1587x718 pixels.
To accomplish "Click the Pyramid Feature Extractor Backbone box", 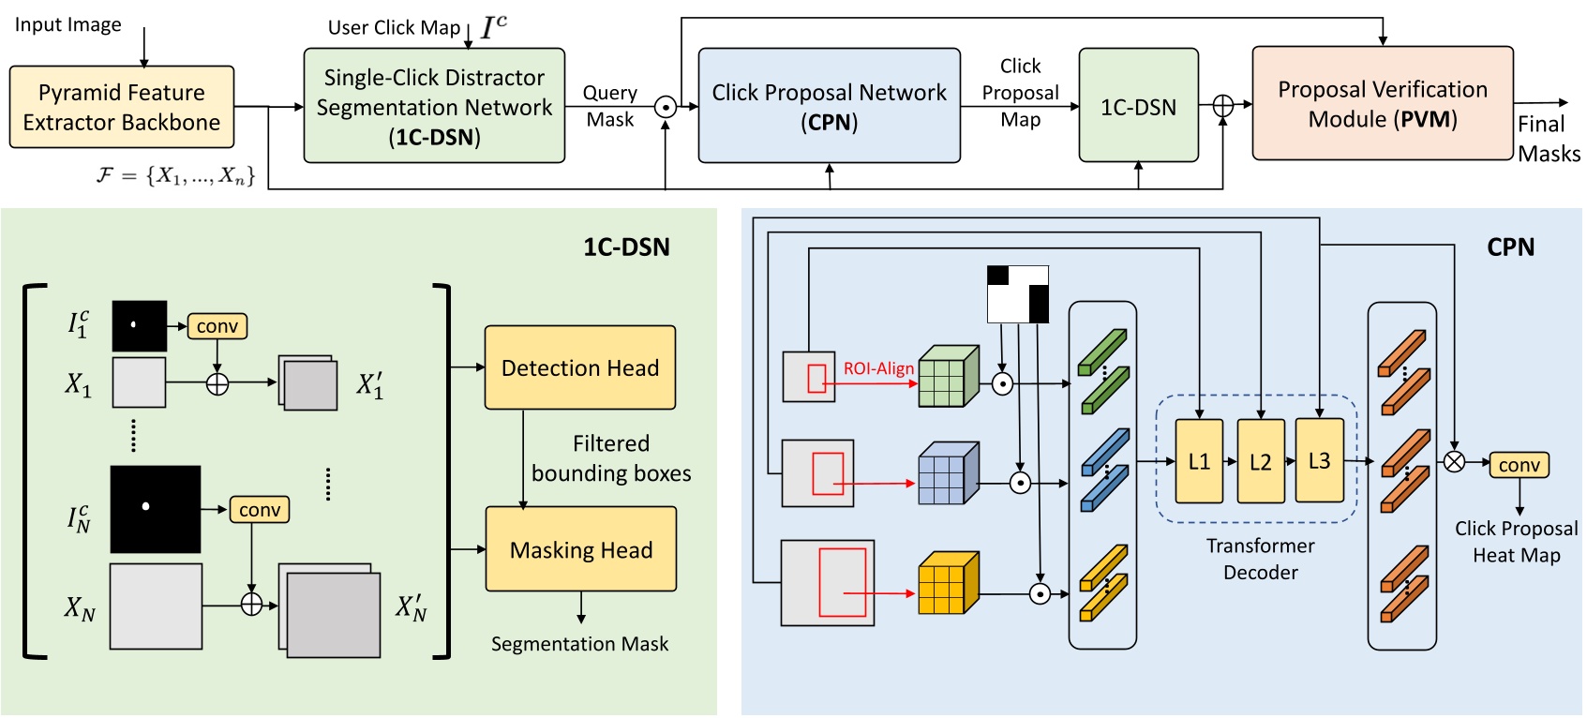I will tap(122, 107).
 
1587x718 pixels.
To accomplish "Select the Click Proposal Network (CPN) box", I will tap(829, 106).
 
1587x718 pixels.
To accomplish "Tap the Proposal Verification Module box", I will tap(1382, 103).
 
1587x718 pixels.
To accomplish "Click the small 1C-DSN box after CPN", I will tap(1138, 106).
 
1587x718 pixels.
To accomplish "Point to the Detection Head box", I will tap(579, 367).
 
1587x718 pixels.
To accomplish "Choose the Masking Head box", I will tap(580, 549).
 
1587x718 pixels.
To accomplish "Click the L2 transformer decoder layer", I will tap(1260, 461).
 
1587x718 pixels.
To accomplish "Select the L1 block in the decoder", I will tap(1199, 461).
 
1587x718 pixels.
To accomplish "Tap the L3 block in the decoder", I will tap(1319, 460).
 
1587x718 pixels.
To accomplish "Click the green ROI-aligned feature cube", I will tap(948, 378).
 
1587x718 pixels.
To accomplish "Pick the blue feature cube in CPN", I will tap(948, 474).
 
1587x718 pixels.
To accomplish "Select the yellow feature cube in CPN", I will tap(948, 584).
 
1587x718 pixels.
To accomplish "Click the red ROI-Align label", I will tap(878, 368).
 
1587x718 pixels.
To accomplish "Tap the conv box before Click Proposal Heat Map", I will tap(1518, 465).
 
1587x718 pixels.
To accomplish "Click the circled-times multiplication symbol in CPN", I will tap(1454, 461).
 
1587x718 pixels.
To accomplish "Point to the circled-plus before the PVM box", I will tap(1222, 106).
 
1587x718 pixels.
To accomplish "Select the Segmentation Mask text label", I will tap(579, 644).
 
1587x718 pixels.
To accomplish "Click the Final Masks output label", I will tap(1548, 139).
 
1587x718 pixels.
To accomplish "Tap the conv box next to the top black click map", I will tap(217, 326).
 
